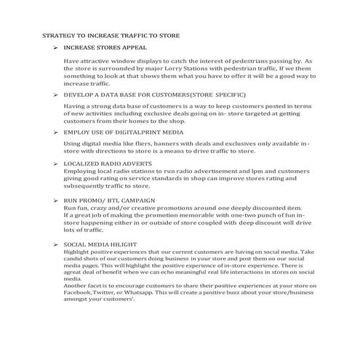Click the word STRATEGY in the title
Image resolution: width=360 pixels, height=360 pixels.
tap(60, 34)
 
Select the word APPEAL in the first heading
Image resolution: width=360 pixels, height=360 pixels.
tap(133, 47)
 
